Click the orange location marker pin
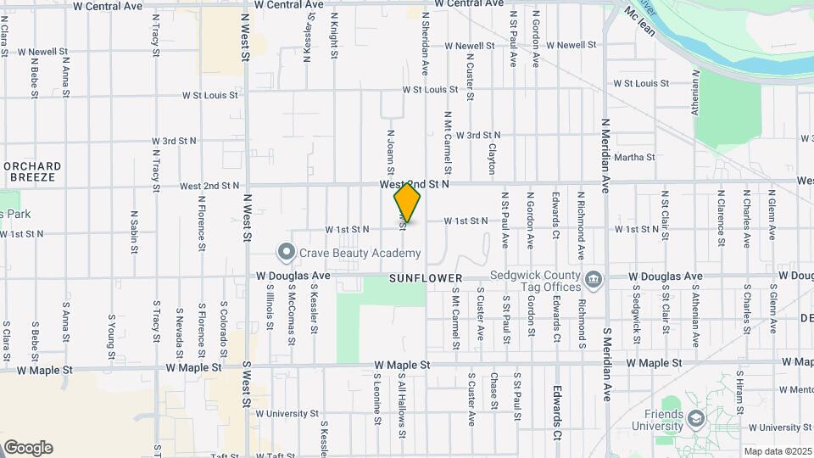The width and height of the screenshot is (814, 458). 408,202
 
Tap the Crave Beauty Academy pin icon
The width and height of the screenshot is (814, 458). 287,251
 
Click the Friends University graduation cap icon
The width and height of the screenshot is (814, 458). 696,418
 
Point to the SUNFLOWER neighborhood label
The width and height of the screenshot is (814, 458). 426,278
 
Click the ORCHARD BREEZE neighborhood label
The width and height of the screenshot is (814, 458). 31,171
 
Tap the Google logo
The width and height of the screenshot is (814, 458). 27,448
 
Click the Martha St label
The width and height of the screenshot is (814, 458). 634,157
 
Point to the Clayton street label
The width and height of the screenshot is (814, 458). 492,159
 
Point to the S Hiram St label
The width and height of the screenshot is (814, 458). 739,392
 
